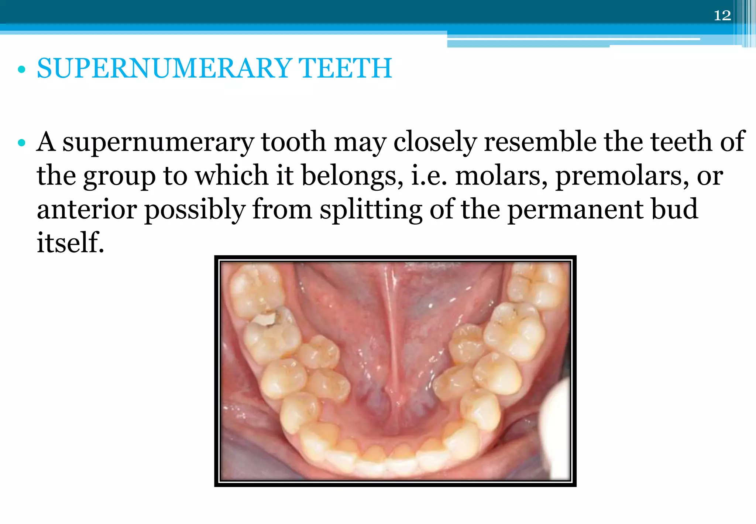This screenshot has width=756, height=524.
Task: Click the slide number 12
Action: click(x=722, y=16)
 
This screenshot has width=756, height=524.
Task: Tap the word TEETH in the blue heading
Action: click(x=345, y=68)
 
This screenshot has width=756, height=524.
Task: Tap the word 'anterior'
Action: click(x=87, y=210)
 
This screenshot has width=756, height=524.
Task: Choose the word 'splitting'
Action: click(x=371, y=210)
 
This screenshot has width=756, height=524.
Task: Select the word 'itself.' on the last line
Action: click(x=70, y=243)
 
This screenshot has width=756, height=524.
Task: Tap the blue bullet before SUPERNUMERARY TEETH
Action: click(x=22, y=69)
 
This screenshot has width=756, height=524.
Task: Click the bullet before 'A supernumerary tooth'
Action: click(x=22, y=143)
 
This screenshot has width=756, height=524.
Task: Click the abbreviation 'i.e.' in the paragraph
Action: click(x=429, y=176)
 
